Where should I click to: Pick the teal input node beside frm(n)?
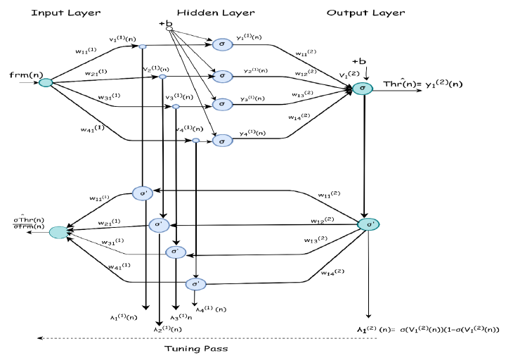(46, 82)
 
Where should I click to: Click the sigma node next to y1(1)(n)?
(221, 45)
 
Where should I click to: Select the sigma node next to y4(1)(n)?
(221, 141)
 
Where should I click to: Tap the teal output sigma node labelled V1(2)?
(363, 88)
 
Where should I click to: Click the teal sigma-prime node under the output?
(368, 224)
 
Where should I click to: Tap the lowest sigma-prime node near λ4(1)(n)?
(195, 284)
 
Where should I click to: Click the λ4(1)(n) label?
(210, 309)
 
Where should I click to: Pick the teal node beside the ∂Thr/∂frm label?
(58, 231)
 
